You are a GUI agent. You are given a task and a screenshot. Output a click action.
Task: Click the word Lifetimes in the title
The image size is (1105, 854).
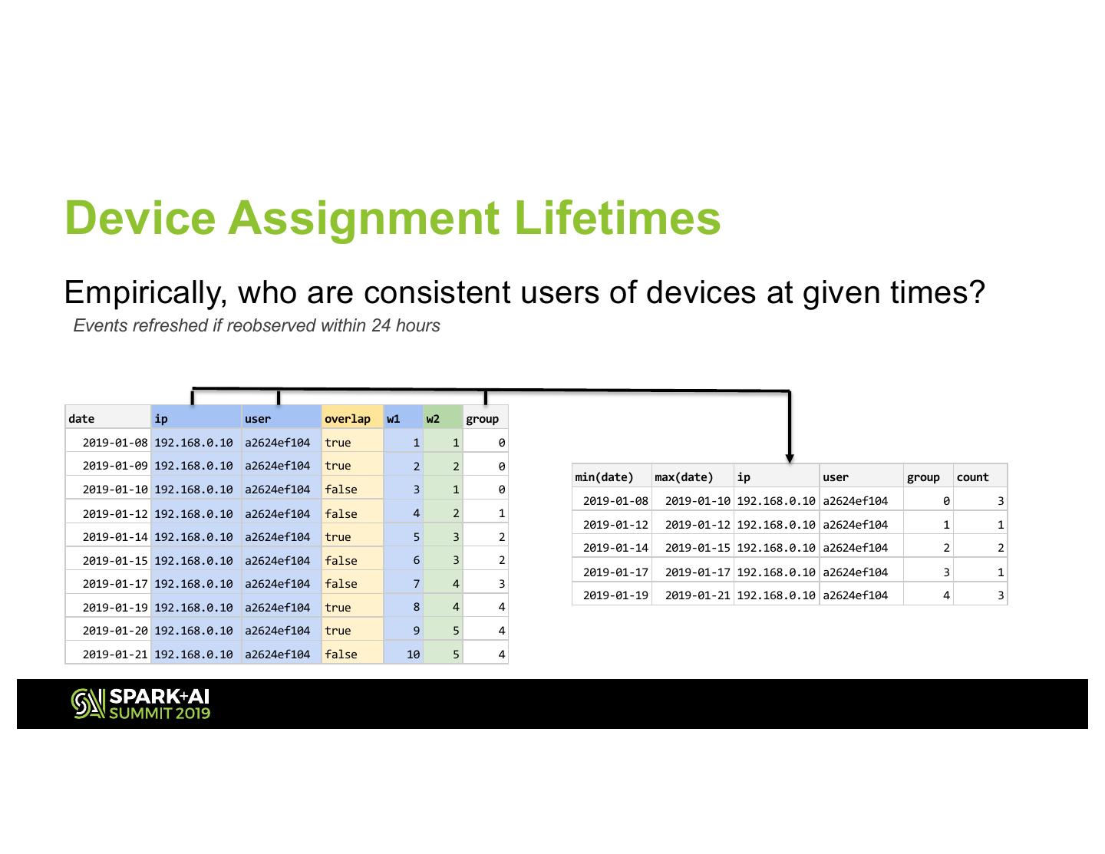click(x=617, y=218)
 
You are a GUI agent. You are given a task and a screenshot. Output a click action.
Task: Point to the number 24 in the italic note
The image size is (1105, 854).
click(x=381, y=325)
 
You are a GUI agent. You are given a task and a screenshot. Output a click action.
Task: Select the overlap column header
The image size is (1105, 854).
click(x=348, y=418)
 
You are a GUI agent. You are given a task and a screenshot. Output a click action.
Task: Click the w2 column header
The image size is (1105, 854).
click(x=433, y=418)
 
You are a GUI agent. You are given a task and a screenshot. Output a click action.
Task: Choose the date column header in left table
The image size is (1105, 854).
click(x=81, y=418)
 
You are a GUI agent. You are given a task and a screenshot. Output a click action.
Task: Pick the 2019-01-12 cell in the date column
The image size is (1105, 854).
click(x=115, y=513)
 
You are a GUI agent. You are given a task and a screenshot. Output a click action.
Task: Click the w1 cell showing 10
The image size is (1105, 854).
click(x=413, y=655)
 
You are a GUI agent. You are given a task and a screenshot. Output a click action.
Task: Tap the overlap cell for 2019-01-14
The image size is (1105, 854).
click(x=338, y=537)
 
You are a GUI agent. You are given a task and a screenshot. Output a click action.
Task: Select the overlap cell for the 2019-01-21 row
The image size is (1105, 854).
click(x=341, y=655)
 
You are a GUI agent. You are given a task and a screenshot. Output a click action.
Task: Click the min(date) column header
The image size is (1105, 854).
click(x=604, y=477)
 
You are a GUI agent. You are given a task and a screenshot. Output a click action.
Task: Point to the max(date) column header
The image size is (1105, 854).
click(x=684, y=477)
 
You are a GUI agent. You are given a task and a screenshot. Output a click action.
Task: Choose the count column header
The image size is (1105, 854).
click(x=972, y=477)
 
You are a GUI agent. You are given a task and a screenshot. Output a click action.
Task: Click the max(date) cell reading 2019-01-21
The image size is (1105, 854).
click(x=698, y=595)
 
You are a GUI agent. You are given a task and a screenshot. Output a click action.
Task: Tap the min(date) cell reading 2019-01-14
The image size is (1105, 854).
click(x=616, y=548)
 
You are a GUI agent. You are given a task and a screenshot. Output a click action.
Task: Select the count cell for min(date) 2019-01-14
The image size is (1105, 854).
click(x=1000, y=548)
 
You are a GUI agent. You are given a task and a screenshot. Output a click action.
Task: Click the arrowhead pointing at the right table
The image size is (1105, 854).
click(x=789, y=459)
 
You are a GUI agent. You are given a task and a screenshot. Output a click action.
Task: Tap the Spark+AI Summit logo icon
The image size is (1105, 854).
click(x=87, y=704)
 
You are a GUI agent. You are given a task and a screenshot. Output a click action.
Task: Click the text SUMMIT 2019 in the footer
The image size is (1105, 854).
click(x=160, y=713)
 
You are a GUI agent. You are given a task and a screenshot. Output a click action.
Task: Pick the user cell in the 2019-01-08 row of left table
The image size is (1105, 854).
click(x=277, y=442)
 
